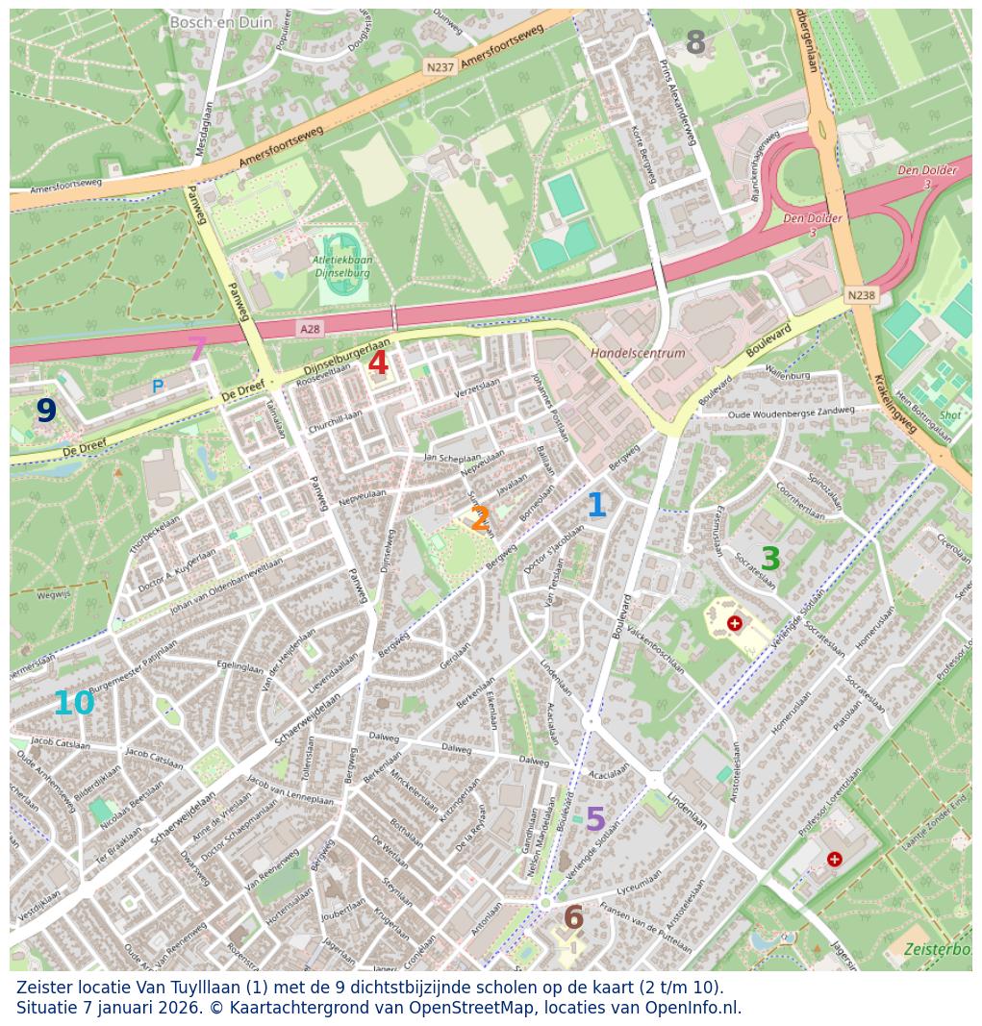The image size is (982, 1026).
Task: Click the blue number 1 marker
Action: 595,505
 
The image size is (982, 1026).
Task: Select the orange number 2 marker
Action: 480,519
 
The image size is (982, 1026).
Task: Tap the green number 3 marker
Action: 770,559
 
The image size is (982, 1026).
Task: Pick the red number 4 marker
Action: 378,363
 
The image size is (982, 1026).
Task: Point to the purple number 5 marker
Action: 595,819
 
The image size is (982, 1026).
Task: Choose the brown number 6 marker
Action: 573,917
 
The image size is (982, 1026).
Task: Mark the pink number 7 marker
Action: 197,349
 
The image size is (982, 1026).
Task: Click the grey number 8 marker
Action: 695,42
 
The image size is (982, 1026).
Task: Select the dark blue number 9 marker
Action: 46,411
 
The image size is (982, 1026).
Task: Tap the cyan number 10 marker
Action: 74,704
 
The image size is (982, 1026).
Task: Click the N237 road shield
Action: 439,67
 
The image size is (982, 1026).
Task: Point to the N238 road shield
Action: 861,295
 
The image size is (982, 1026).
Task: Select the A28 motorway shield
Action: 309,329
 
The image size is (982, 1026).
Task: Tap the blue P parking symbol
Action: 158,387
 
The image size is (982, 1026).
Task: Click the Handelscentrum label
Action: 638,353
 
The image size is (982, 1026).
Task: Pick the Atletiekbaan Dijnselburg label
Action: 342,266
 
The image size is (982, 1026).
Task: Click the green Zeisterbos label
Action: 937,949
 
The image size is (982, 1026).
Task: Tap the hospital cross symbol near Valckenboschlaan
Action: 735,623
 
